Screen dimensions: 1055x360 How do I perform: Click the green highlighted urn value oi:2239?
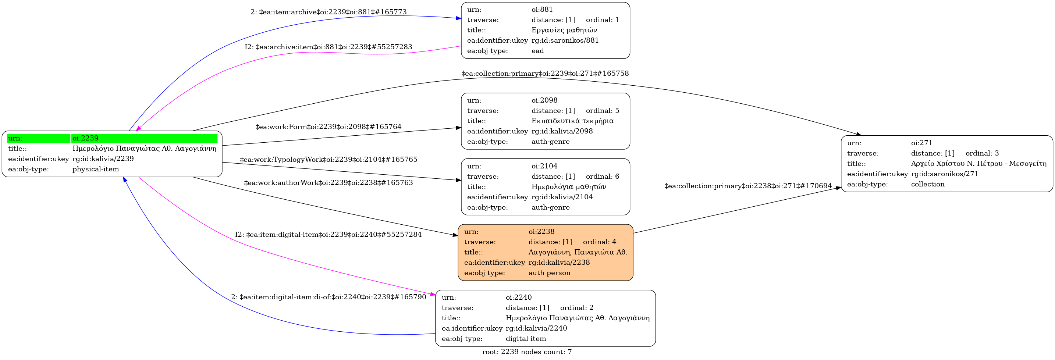[86, 138]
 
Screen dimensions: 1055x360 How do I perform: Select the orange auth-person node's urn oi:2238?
[541, 231]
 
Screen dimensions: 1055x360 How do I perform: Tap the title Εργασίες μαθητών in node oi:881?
[564, 30]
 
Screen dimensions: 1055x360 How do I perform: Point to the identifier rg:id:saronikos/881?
[565, 40]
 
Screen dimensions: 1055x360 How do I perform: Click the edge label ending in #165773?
[328, 12]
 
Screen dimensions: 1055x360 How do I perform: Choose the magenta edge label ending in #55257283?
[328, 47]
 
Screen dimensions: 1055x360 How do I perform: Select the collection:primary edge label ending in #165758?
[545, 73]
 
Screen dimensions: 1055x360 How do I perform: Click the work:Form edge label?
[328, 126]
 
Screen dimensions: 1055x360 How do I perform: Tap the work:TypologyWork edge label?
[328, 159]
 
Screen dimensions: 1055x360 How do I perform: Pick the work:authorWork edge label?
[328, 182]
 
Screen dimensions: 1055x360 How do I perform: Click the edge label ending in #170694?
[748, 186]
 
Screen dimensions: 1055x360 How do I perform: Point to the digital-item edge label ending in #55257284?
[328, 234]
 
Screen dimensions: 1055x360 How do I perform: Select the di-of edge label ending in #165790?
[328, 297]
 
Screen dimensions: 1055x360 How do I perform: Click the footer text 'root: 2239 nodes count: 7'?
[527, 352]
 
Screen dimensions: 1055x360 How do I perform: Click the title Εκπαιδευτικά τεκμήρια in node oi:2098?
[572, 121]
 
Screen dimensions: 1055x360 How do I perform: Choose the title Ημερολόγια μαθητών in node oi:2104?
[569, 187]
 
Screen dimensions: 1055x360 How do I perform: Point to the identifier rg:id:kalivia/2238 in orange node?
[559, 262]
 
